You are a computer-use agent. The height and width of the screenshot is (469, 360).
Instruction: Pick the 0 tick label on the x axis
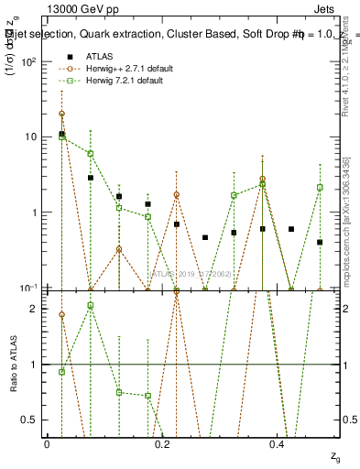47,443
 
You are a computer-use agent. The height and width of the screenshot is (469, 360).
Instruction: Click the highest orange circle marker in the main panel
61,115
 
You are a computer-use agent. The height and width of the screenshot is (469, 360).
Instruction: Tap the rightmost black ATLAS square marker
320,243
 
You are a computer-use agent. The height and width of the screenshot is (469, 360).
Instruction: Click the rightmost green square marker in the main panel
320,187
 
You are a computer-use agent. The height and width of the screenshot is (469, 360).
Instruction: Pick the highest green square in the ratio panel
90,305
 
